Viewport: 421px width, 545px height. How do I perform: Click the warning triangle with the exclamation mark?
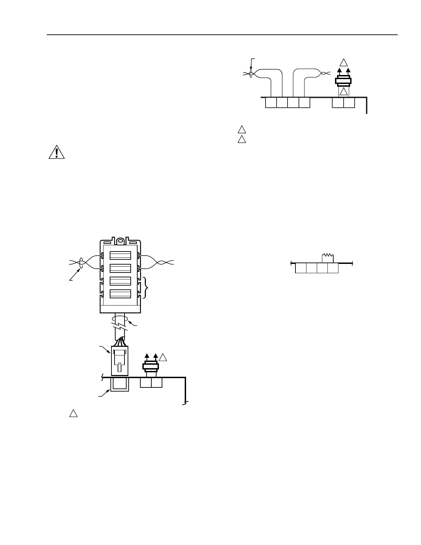coord(56,152)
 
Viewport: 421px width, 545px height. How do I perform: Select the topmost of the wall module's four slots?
coord(120,255)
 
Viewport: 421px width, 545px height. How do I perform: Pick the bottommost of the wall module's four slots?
coord(120,293)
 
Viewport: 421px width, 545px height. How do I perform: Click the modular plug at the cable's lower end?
coord(120,361)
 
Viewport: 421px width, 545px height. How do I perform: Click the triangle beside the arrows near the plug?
coord(163,357)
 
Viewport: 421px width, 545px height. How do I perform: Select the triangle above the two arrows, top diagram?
coord(344,63)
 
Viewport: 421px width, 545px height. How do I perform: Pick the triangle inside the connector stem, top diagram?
coord(344,92)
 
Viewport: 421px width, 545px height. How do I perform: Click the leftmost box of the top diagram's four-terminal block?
coord(271,103)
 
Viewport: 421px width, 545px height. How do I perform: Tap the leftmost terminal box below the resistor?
coord(301,268)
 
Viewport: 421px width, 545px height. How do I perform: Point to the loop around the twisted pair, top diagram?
coord(251,74)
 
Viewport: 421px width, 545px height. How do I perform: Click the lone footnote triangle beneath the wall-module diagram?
coord(73,413)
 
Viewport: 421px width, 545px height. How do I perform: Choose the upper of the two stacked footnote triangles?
coord(242,130)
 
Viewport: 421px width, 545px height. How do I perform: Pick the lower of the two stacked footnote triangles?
coord(242,140)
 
